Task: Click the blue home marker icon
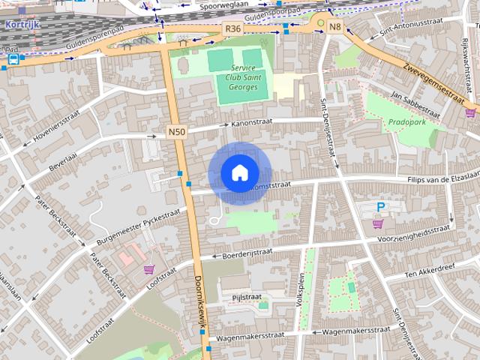tap(239, 173)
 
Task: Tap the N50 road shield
tap(176, 132)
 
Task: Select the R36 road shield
tap(232, 28)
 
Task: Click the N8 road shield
tap(334, 28)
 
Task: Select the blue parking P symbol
tap(381, 207)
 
